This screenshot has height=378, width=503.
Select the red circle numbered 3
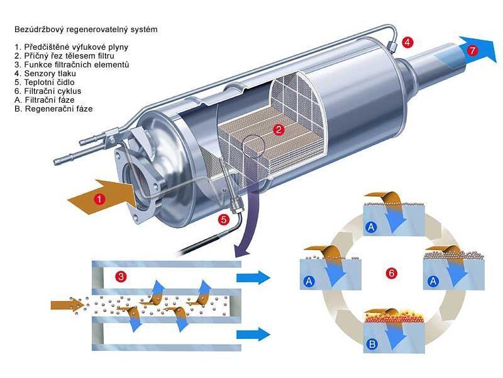click(x=121, y=276)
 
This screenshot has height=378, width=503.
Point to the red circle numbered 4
click(x=408, y=42)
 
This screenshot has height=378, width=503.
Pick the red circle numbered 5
click(x=223, y=220)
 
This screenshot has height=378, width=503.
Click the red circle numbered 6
click(x=391, y=273)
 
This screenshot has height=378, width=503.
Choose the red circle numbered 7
click(x=472, y=50)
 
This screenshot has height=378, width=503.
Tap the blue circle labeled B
click(x=372, y=344)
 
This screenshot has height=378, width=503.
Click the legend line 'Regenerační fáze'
click(x=49, y=109)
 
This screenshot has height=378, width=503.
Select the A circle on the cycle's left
click(x=309, y=282)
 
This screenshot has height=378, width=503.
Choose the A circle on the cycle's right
click(x=433, y=282)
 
